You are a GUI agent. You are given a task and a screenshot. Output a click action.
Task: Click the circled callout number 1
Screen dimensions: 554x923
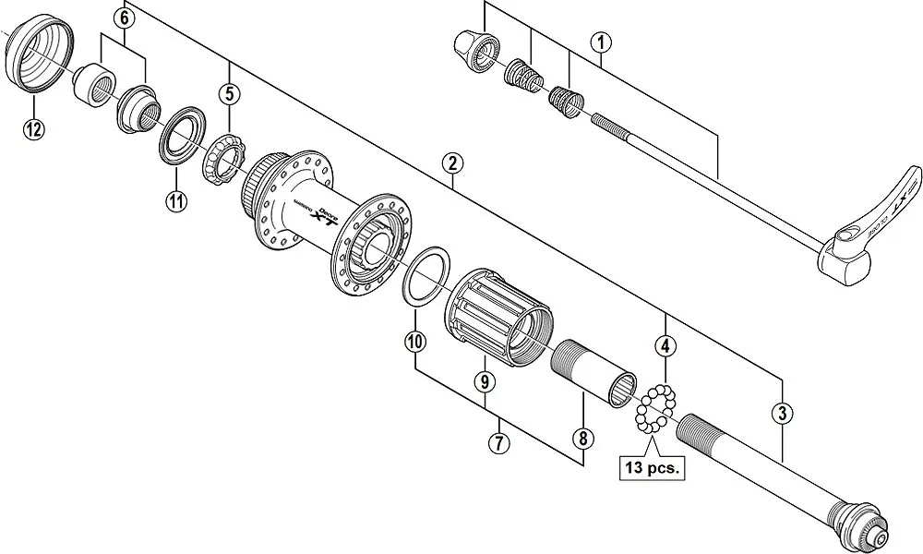point(601,42)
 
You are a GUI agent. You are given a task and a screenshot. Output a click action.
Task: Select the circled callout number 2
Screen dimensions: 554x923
point(451,164)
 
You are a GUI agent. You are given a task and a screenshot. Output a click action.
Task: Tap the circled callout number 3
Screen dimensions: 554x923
point(783,413)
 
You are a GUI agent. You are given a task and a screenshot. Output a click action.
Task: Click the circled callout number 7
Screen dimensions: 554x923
point(499,442)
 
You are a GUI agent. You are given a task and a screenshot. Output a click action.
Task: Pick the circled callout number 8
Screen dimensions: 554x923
point(582,438)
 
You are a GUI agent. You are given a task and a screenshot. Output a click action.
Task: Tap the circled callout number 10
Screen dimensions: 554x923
point(415,342)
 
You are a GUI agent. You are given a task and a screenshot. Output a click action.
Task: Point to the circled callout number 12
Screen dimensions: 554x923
point(33,129)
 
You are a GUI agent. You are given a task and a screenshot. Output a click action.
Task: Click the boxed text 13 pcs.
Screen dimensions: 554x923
point(651,468)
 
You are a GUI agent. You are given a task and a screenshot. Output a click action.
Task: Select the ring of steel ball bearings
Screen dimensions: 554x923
point(656,409)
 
